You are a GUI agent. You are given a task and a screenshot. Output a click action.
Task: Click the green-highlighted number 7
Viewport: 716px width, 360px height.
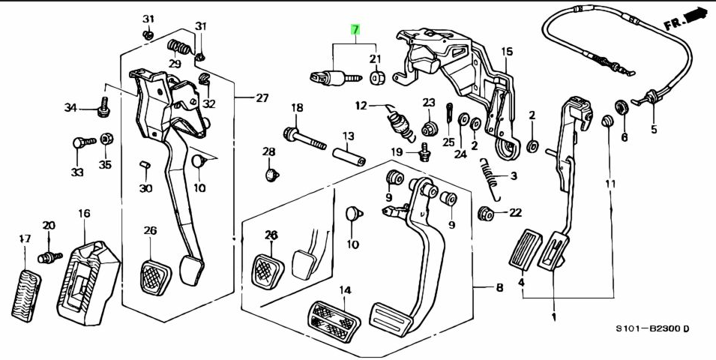[x=355, y=30]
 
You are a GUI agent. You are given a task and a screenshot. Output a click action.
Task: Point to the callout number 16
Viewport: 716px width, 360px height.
[x=83, y=214]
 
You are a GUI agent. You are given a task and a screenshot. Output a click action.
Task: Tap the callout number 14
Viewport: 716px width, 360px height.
[x=344, y=289]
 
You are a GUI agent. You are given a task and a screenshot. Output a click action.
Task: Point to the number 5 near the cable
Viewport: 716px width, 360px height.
[x=653, y=128]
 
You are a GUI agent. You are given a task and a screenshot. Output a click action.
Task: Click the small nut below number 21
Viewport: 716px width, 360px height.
[x=378, y=76]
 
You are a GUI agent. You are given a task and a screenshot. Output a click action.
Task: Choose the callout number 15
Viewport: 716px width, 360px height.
[x=507, y=52]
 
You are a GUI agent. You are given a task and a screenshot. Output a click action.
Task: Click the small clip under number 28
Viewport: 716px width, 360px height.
[x=272, y=175]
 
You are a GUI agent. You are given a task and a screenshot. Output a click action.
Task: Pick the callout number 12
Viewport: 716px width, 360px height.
[x=361, y=105]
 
